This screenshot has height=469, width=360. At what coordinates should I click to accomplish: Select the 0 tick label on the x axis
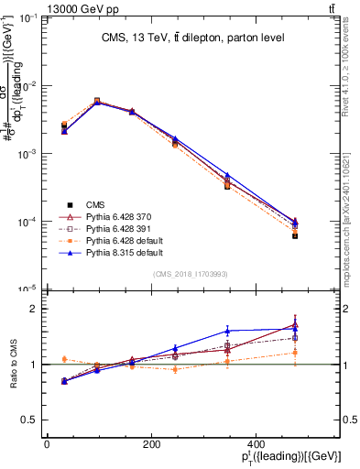48,445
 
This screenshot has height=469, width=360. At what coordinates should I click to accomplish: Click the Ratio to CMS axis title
13,364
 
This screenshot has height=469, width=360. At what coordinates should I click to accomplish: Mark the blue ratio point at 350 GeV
226,331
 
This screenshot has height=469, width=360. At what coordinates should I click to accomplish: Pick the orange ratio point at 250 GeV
175,369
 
